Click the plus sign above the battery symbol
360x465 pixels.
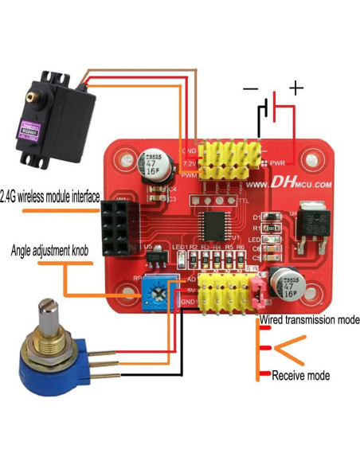pos(295,87)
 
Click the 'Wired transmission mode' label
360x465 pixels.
pos(309,319)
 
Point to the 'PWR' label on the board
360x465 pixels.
pos(278,163)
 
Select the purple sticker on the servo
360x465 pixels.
pos(34,127)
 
